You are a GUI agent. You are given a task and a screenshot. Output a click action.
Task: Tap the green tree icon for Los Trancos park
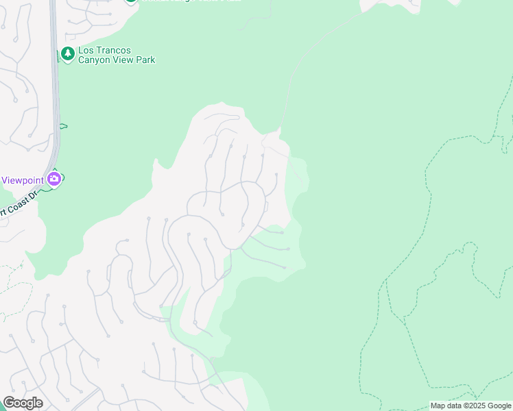tap(67, 54)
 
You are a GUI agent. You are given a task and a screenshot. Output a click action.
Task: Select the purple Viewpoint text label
tap(23, 180)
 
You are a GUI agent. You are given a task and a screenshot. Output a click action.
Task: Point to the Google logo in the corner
tap(23, 403)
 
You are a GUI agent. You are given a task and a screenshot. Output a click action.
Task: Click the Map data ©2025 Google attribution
tap(470, 406)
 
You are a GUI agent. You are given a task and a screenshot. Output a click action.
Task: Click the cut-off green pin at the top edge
tap(130, 1)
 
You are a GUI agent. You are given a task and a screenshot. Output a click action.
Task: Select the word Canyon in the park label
tap(95, 60)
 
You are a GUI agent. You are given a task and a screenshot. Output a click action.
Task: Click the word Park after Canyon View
tap(145, 60)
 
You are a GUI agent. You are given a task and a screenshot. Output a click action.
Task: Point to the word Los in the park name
tap(86, 51)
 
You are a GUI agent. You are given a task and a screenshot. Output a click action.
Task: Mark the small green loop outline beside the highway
tap(64, 126)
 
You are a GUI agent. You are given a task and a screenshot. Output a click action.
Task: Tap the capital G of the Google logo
tap(9, 403)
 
